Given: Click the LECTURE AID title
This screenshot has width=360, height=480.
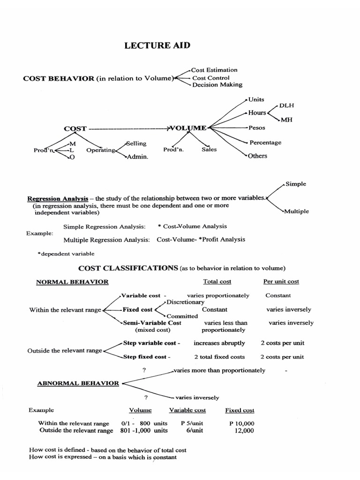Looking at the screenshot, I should (157, 46).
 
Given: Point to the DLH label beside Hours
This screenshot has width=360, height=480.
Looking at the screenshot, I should (287, 106).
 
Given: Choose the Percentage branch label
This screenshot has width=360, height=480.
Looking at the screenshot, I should (265, 142).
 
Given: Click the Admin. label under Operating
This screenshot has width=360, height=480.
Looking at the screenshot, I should (137, 157).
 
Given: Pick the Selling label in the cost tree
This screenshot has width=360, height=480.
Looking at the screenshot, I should (136, 143).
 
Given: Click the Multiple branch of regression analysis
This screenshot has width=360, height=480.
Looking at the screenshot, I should (296, 211).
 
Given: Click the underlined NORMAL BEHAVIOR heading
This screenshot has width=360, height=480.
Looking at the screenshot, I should (73, 282).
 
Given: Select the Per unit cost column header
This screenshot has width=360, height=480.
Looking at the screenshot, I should (281, 282).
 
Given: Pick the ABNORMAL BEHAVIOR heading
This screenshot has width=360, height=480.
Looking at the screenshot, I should (78, 383).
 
